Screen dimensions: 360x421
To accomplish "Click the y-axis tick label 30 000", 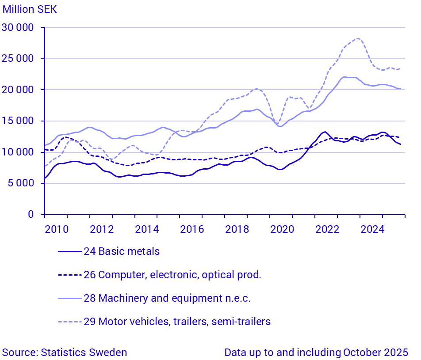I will click(x=19, y=28).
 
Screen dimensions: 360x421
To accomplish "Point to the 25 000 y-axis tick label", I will click(x=19, y=59).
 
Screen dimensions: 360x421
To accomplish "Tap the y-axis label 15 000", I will click(x=19, y=121).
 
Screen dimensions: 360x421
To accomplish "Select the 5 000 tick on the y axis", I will click(x=21, y=183).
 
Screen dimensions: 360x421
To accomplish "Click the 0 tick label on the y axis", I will click(x=31, y=214).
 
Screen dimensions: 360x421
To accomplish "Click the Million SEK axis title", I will click(x=30, y=9).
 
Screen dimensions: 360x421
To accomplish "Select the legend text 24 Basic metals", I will click(x=122, y=252).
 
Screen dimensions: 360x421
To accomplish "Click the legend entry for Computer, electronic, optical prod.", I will click(x=172, y=275).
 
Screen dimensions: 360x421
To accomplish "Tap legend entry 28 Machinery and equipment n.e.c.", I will click(x=167, y=298).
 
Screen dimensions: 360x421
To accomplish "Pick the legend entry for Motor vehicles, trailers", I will click(x=177, y=322).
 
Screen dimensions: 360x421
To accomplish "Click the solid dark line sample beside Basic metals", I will click(x=70, y=252).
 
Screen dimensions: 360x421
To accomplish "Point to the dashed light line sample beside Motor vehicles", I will click(x=70, y=322).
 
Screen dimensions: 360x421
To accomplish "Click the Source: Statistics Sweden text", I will click(x=65, y=352).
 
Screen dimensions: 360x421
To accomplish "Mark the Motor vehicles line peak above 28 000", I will click(x=358, y=38).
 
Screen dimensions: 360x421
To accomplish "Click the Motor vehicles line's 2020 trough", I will click(x=277, y=123).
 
